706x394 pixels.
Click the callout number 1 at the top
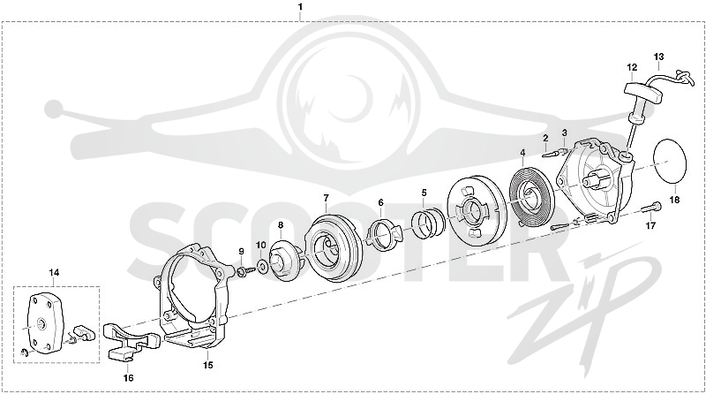click(300, 7)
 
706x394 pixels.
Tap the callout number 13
click(658, 57)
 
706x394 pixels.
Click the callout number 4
click(522, 153)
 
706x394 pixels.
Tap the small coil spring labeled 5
click(428, 223)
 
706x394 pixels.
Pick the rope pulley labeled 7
click(334, 248)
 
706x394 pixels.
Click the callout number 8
click(281, 224)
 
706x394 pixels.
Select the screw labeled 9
click(245, 271)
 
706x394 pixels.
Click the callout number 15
click(207, 365)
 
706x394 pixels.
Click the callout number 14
click(54, 273)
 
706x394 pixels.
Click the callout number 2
click(545, 138)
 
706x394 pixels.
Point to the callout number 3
click(564, 133)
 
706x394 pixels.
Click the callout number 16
click(128, 378)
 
